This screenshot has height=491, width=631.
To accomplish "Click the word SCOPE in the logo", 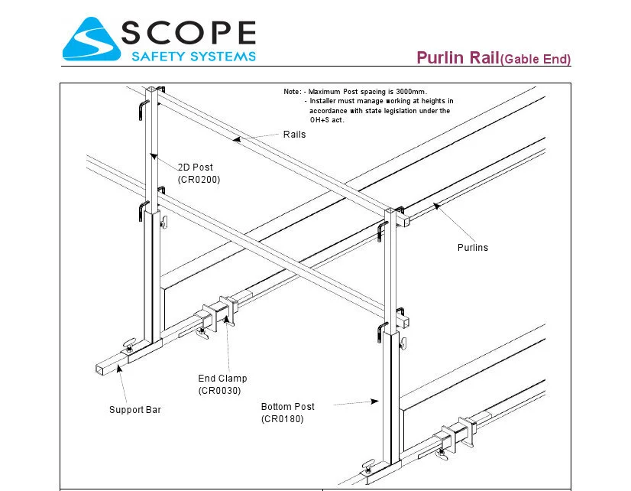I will [x=189, y=33].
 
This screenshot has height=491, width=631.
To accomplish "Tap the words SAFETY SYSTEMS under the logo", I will [x=194, y=56].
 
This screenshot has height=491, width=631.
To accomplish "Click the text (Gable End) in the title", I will [x=536, y=59].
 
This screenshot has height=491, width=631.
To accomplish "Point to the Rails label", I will [x=294, y=135].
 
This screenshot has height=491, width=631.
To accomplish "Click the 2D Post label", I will [x=196, y=167].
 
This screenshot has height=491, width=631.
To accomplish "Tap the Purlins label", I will [x=472, y=247].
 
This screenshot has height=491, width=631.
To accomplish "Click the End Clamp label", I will [x=222, y=379].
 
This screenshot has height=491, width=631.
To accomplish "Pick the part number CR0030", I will [x=219, y=391].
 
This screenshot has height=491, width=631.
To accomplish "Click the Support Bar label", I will [x=134, y=410].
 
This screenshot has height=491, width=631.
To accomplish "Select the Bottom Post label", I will [x=287, y=407].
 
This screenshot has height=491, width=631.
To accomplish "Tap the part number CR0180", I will [x=283, y=419].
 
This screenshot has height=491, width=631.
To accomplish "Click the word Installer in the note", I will [x=325, y=101].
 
